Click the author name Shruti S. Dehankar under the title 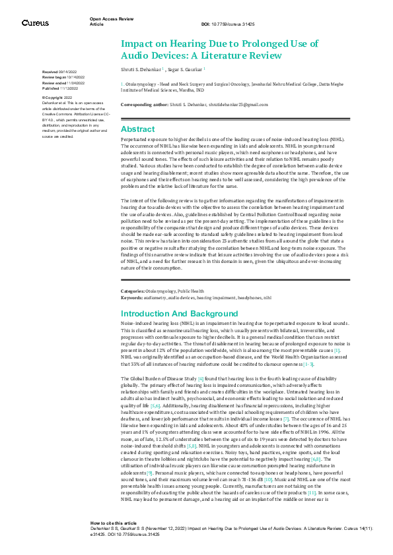(x=141, y=68)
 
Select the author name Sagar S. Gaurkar (x=184, y=68)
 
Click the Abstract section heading (x=138, y=129)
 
